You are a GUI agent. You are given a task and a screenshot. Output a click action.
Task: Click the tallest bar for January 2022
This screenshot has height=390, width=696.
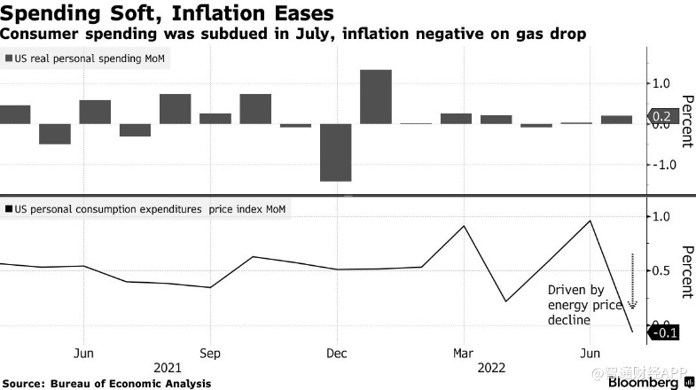tap(376, 97)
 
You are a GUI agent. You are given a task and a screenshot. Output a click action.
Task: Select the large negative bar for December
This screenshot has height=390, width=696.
tap(336, 152)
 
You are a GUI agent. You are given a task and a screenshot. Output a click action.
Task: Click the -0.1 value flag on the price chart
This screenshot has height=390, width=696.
tap(663, 333)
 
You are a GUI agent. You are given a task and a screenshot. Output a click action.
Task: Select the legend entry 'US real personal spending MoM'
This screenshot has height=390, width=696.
tap(87, 58)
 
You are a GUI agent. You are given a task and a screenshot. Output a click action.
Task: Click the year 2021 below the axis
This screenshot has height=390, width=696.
tap(168, 365)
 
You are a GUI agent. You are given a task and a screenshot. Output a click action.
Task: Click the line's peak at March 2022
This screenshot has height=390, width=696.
tap(465, 226)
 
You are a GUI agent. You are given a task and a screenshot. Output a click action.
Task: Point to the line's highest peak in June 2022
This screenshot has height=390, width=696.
tap(590, 221)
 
